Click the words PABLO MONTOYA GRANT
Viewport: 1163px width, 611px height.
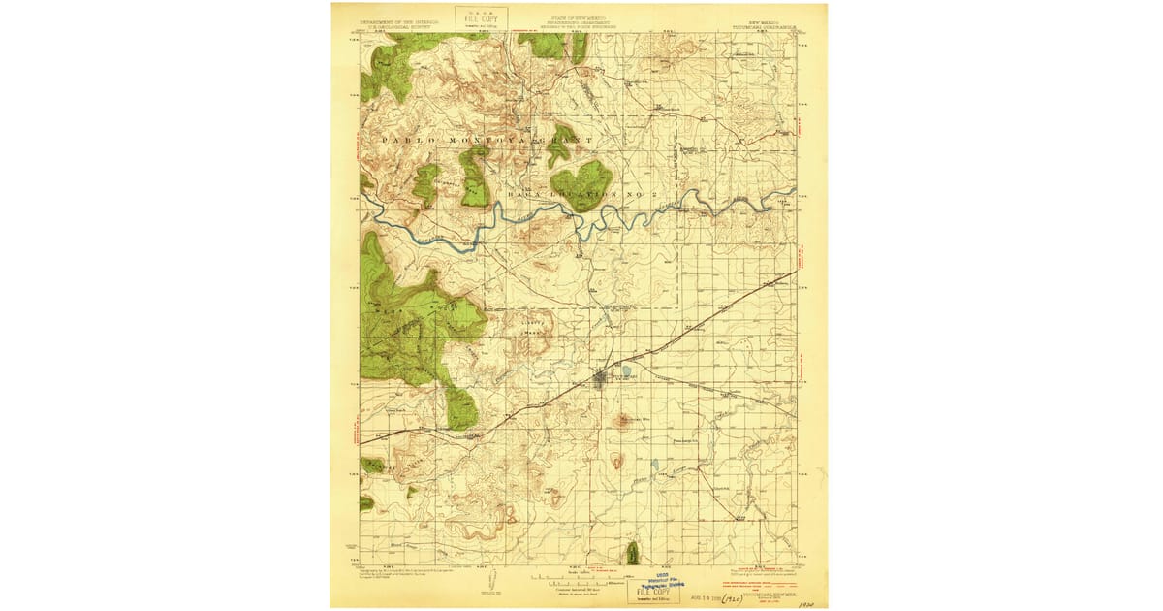coord(486,141)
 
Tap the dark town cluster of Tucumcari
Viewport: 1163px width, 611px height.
coord(602,377)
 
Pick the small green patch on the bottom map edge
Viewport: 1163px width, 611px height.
coord(633,553)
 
